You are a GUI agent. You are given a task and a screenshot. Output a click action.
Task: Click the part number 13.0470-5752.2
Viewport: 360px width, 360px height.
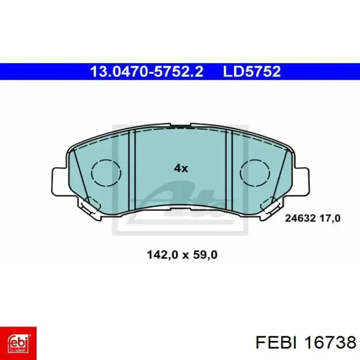point(147,71)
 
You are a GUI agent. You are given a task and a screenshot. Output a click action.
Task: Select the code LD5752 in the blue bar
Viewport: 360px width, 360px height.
point(252,71)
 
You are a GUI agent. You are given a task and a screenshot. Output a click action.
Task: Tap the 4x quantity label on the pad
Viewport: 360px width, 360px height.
point(181,169)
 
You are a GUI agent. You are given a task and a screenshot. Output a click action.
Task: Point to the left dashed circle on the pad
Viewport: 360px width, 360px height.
point(106,172)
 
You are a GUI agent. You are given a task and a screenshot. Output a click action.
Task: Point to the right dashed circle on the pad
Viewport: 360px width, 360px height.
point(255,172)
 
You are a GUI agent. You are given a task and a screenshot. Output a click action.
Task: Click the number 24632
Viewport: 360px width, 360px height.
point(300,219)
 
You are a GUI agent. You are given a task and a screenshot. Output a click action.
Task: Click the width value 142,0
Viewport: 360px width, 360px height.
point(163,255)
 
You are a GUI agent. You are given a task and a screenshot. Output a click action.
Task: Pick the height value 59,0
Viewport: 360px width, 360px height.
point(206,255)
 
